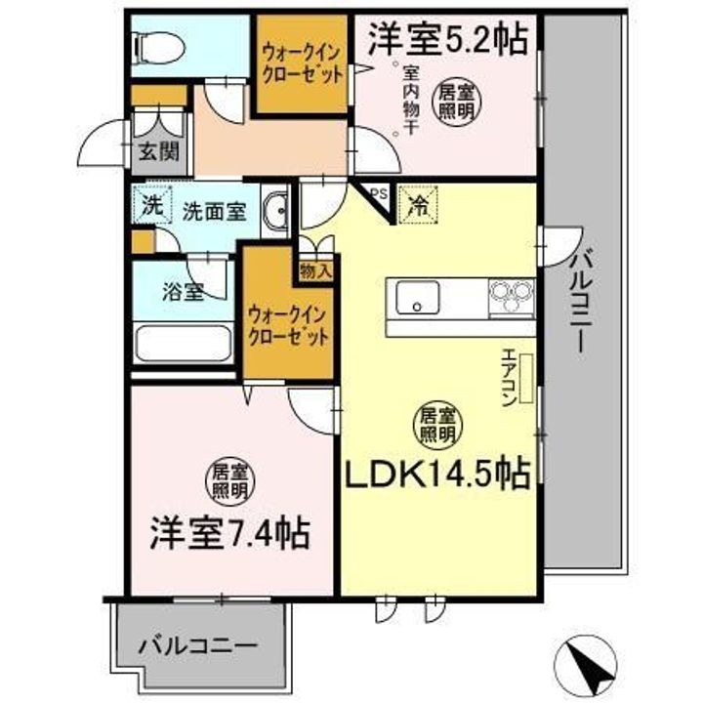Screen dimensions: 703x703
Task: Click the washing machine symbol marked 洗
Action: point(149,206)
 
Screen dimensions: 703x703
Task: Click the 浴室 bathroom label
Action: point(183,290)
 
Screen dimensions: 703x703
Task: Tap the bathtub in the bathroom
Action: point(183,344)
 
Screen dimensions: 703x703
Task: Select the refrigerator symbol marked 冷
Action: point(417,206)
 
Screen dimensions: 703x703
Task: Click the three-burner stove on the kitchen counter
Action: point(512,297)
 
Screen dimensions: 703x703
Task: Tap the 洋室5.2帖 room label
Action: point(448,39)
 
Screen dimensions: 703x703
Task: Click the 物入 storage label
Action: point(316,269)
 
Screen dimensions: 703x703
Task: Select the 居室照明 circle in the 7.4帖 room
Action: point(230,481)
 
